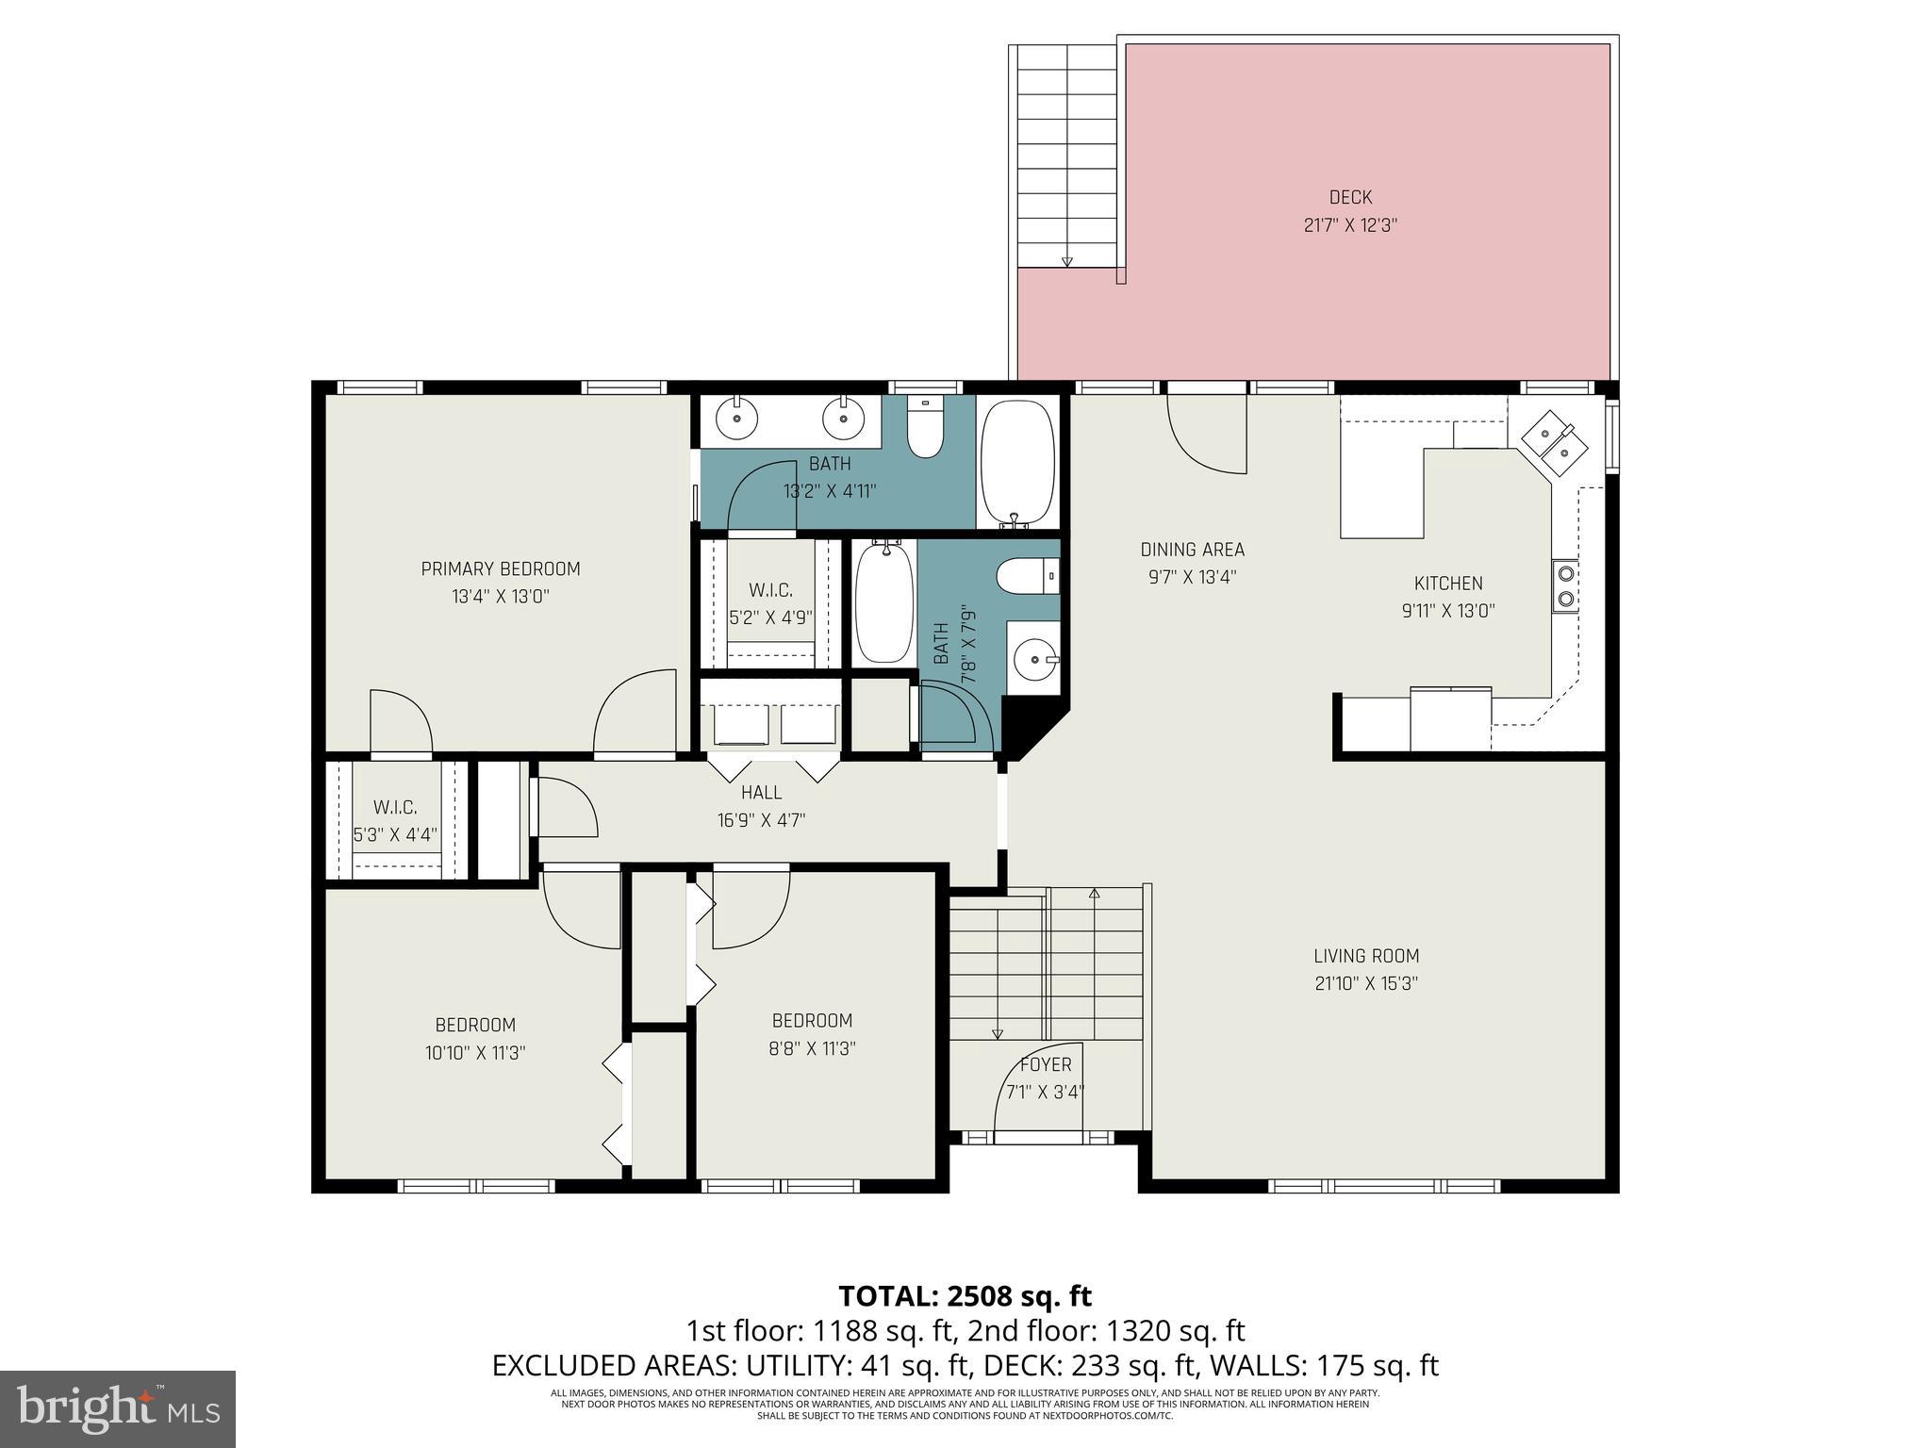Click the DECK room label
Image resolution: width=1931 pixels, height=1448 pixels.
pyautogui.click(x=1350, y=197)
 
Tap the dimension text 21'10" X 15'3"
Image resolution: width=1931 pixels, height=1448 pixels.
pyautogui.click(x=1366, y=983)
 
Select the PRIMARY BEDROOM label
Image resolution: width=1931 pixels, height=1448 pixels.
pyautogui.click(x=500, y=568)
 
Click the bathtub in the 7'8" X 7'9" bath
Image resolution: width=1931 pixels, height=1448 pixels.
pyautogui.click(x=883, y=601)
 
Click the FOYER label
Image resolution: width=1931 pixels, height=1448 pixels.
pyautogui.click(x=1046, y=1064)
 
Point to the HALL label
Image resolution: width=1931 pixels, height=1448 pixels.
pyautogui.click(x=761, y=792)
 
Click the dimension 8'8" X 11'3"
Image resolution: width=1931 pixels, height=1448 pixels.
pyautogui.click(x=812, y=1048)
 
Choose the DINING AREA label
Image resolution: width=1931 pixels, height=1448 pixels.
pyautogui.click(x=1192, y=550)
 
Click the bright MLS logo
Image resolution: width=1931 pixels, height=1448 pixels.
pyautogui.click(x=118, y=1408)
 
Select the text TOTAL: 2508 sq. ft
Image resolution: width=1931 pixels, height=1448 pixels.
pyautogui.click(x=965, y=1295)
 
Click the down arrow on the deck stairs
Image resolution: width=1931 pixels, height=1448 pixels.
pyautogui.click(x=1066, y=261)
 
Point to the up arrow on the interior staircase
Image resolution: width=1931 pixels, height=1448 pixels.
pyautogui.click(x=1094, y=892)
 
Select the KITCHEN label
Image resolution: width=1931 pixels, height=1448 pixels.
pyautogui.click(x=1447, y=583)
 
